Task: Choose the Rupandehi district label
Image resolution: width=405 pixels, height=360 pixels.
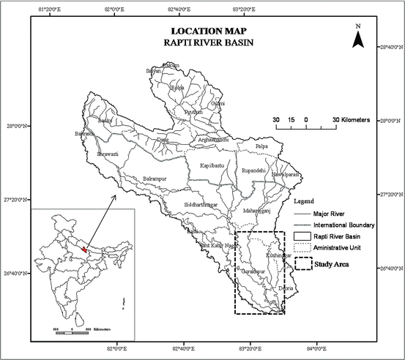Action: tap(256, 170)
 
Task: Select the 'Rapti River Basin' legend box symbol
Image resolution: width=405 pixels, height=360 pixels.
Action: tap(303, 236)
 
